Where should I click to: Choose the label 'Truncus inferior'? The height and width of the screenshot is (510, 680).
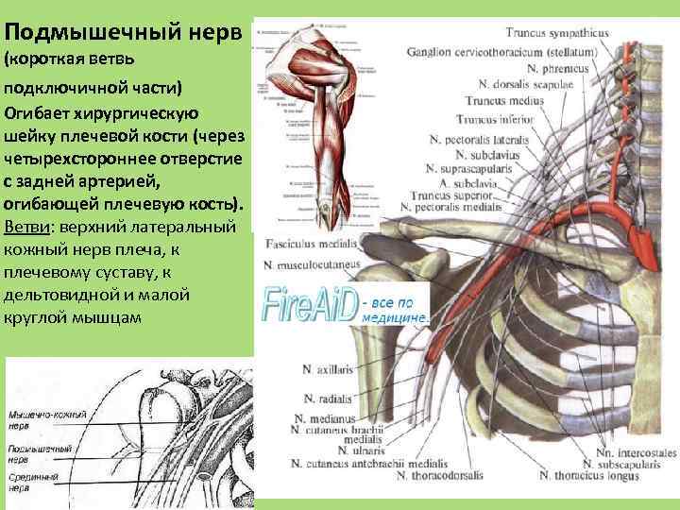(495, 120)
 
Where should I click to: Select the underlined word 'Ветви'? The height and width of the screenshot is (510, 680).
(25, 228)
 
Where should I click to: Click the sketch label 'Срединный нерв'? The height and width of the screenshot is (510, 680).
(32, 484)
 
